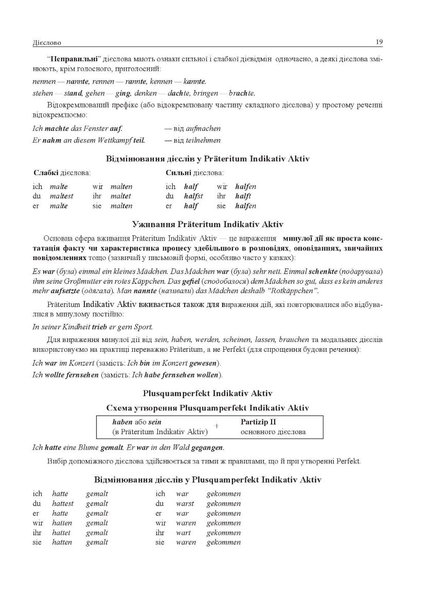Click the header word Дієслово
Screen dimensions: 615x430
pos(46,42)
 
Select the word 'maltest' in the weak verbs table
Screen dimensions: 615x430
pos(62,196)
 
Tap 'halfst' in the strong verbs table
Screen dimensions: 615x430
pos(193,196)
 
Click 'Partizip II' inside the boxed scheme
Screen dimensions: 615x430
pos(258,422)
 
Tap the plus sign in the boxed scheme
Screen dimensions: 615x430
pos(217,426)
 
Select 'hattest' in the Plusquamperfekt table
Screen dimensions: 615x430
pos(63,504)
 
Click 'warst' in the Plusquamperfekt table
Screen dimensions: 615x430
pos(185,504)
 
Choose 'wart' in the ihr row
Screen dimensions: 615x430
pos(183,533)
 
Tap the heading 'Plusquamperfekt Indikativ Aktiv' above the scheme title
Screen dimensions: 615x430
pos(207,394)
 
